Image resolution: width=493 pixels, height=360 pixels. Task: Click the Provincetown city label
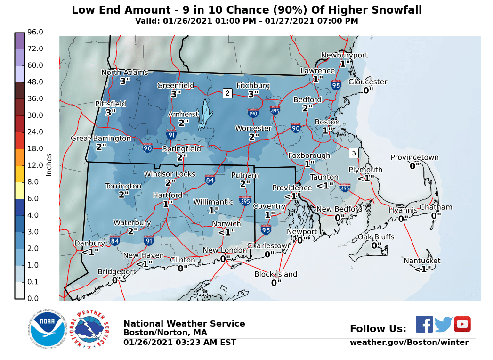coord(414,158)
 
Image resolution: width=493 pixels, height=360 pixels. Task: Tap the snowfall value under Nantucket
coord(422,269)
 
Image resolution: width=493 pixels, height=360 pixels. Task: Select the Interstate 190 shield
coord(253,113)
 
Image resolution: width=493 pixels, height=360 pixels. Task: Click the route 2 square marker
coord(227,93)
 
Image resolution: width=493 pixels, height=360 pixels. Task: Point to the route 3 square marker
coord(354,153)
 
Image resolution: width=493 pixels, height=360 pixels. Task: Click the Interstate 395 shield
coord(245,200)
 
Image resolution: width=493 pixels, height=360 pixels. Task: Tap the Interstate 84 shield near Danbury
coord(114,241)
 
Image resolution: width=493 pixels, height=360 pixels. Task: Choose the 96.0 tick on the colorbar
coord(35,32)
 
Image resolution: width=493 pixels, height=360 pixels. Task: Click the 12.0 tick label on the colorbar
coord(35,165)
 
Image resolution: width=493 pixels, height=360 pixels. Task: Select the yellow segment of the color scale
coord(19,190)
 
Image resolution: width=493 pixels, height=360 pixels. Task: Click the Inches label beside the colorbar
coord(49,165)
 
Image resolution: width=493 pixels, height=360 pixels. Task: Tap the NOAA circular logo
coord(46,328)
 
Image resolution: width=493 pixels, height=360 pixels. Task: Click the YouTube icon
coord(462,324)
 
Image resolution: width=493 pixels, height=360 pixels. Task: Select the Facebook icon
coord(424,324)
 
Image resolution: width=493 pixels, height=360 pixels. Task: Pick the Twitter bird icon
coord(443,324)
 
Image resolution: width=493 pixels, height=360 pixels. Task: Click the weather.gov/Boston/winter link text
coord(409,343)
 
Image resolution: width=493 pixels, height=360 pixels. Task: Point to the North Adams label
coord(125,73)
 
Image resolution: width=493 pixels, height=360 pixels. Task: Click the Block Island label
coord(276,274)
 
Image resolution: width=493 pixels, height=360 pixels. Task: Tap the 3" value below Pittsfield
coord(111,112)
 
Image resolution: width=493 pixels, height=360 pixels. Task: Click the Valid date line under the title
coord(246,21)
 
